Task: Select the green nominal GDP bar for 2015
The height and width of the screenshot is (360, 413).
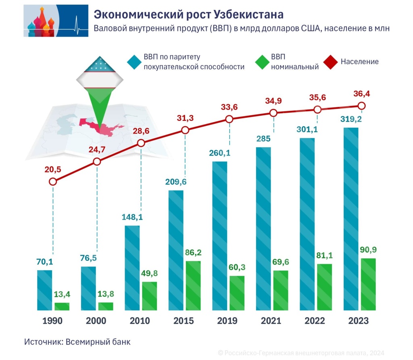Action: click(193, 285)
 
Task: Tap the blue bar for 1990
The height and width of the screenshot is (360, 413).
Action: click(44, 290)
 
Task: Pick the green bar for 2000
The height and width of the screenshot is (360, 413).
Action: click(106, 306)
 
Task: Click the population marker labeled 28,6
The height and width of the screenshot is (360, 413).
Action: click(141, 143)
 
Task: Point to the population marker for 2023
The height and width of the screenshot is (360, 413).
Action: click(361, 106)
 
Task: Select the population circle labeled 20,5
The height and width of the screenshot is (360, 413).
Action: click(52, 181)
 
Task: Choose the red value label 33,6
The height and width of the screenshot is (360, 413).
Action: click(230, 107)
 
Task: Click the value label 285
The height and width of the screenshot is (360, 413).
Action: click(263, 139)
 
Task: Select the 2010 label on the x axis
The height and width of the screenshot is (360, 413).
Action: click(140, 321)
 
